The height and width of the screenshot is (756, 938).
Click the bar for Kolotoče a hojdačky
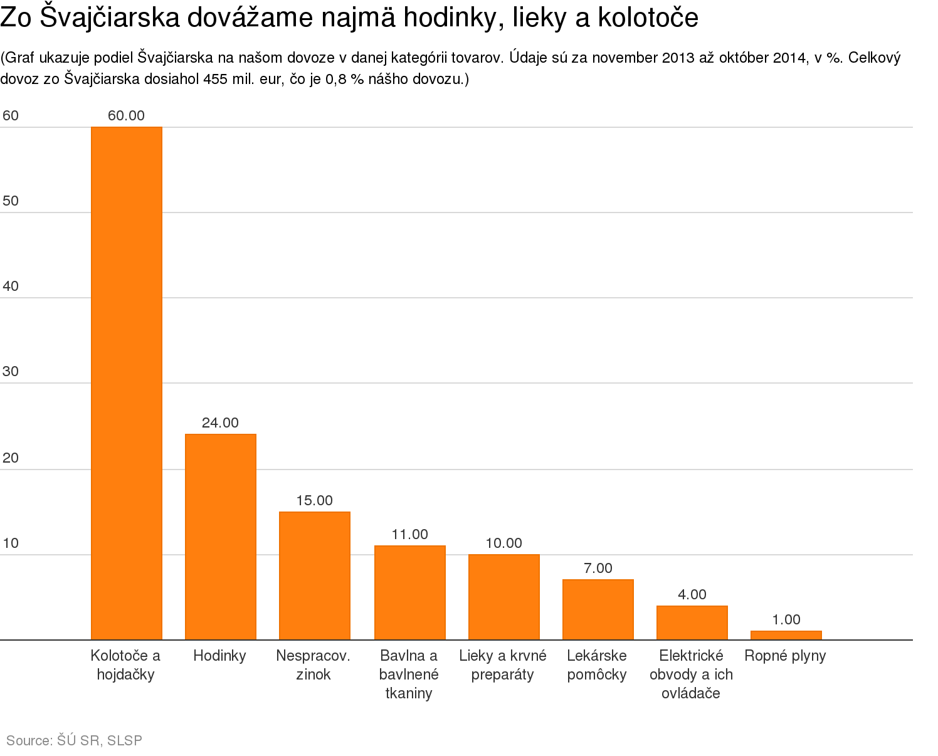click(x=127, y=383)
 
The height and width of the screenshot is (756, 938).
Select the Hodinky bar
click(x=221, y=537)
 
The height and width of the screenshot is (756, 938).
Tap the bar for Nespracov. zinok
click(x=315, y=575)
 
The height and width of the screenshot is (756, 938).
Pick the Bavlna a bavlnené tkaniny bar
click(x=410, y=592)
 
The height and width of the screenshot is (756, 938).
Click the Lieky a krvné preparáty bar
click(x=504, y=597)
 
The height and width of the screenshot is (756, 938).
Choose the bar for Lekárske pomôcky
click(x=598, y=609)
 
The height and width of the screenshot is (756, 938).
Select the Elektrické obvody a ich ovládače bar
click(x=692, y=622)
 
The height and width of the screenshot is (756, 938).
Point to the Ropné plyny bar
click(x=786, y=635)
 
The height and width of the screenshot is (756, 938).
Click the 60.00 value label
click(x=127, y=115)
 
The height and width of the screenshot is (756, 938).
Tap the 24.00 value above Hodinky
click(x=221, y=423)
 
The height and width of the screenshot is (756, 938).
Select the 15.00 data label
click(x=315, y=500)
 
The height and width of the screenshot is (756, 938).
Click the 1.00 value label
click(x=786, y=619)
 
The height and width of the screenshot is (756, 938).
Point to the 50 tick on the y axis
click(x=11, y=201)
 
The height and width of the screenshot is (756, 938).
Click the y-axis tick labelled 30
click(x=11, y=371)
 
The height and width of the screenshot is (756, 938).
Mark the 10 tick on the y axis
click(x=11, y=543)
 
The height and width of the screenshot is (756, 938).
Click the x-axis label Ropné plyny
click(x=785, y=656)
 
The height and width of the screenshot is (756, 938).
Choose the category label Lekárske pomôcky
click(x=597, y=665)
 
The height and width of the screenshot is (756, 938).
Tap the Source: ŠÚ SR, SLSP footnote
click(x=75, y=740)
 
